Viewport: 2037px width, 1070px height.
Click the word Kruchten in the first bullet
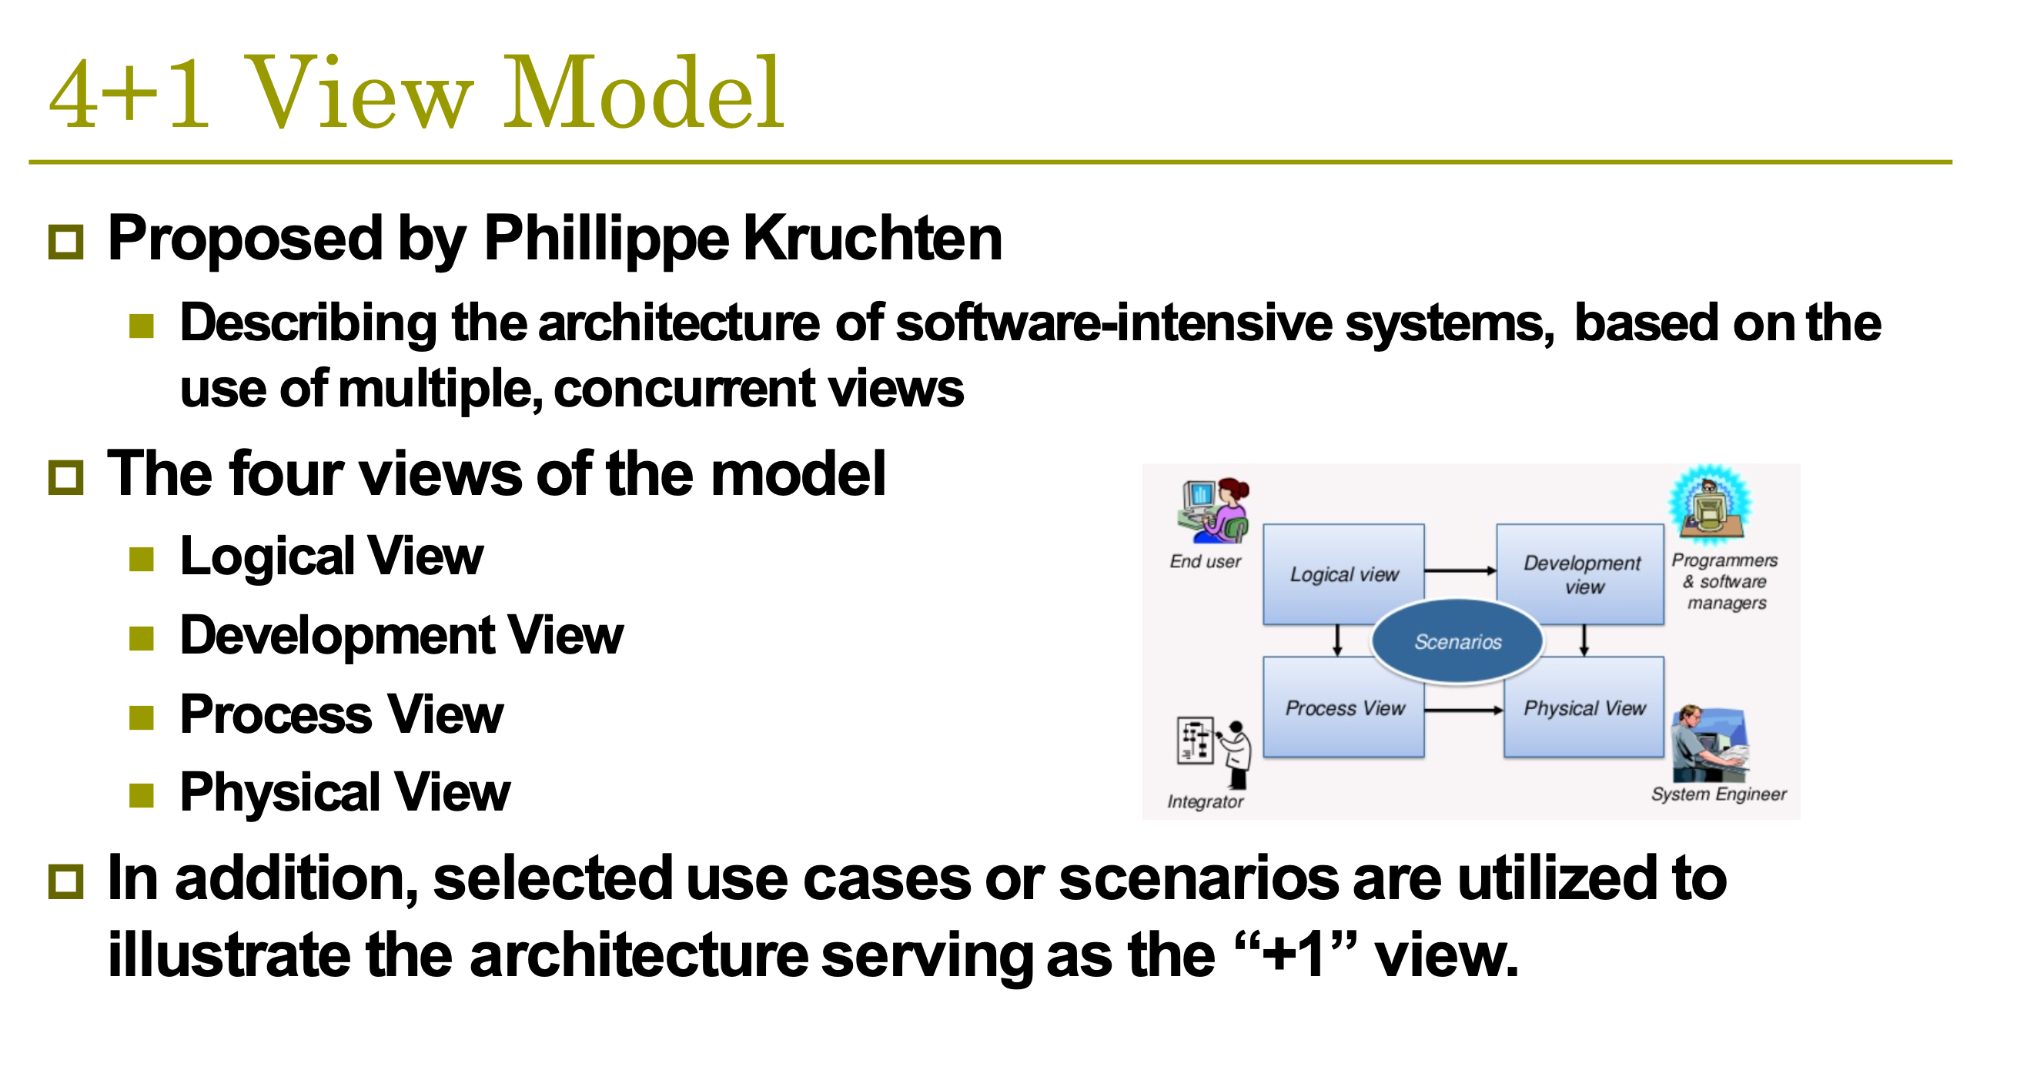coord(873,238)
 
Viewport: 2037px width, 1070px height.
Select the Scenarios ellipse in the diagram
coord(1457,641)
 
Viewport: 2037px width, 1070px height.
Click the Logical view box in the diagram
coord(1343,574)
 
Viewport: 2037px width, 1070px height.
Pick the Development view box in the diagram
coord(1580,574)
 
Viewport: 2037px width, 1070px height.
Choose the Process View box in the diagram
coord(1343,707)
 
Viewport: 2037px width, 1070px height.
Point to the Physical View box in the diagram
coord(1584,707)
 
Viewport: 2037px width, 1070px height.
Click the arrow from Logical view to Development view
coord(1460,570)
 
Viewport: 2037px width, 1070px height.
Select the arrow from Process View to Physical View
coord(1463,711)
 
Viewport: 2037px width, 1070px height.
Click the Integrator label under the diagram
coord(1205,801)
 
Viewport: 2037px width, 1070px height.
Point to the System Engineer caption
coord(1718,794)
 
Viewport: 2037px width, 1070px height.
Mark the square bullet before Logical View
coord(142,560)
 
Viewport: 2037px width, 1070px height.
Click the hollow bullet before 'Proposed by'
coord(65,242)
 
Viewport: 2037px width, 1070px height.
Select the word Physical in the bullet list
coord(281,793)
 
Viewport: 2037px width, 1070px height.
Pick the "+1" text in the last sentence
coord(1293,955)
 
